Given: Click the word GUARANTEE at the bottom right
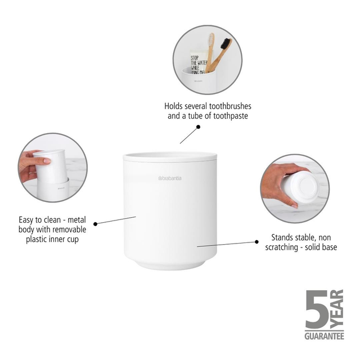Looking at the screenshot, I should point(325,336).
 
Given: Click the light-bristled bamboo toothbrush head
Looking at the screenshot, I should point(211,40).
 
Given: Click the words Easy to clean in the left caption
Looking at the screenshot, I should point(36,219).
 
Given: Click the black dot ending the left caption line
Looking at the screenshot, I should point(96,223).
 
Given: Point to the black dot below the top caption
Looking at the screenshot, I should point(198,127).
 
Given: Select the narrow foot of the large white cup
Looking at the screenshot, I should point(169,264).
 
